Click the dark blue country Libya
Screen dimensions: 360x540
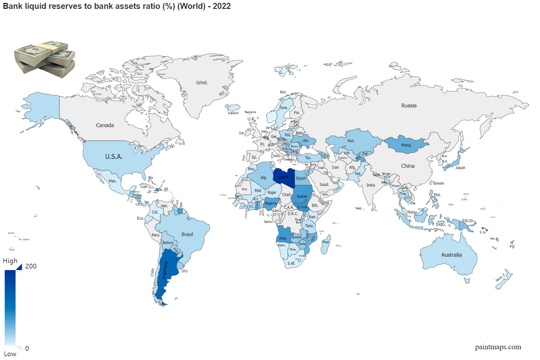pyautogui.click(x=284, y=178)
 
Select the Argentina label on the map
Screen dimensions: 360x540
pyautogui.click(x=165, y=270)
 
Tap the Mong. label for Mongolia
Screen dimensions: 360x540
pyautogui.click(x=406, y=145)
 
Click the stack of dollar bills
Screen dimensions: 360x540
pyautogui.click(x=44, y=59)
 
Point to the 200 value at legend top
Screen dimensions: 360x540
pyautogui.click(x=31, y=266)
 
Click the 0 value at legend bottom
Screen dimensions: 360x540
pyautogui.click(x=27, y=349)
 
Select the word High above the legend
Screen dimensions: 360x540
pyautogui.click(x=10, y=261)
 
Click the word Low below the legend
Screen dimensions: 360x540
pyautogui.click(x=10, y=354)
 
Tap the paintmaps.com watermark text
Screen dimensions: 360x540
pyautogui.click(x=498, y=347)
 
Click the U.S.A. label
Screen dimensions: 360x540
pyautogui.click(x=114, y=157)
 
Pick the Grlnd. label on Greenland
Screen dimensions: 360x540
pyautogui.click(x=202, y=83)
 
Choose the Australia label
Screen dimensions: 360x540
pyautogui.click(x=451, y=255)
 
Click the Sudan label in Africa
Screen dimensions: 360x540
pyautogui.click(x=302, y=196)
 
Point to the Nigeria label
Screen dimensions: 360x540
pyautogui.click(x=271, y=203)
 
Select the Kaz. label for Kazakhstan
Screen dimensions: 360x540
pyautogui.click(x=351, y=141)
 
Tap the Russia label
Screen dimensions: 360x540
pyautogui.click(x=409, y=105)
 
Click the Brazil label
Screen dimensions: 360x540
pyautogui.click(x=187, y=234)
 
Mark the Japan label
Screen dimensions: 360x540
pyautogui.click(x=460, y=168)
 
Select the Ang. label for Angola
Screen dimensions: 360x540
pyautogui.click(x=283, y=238)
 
